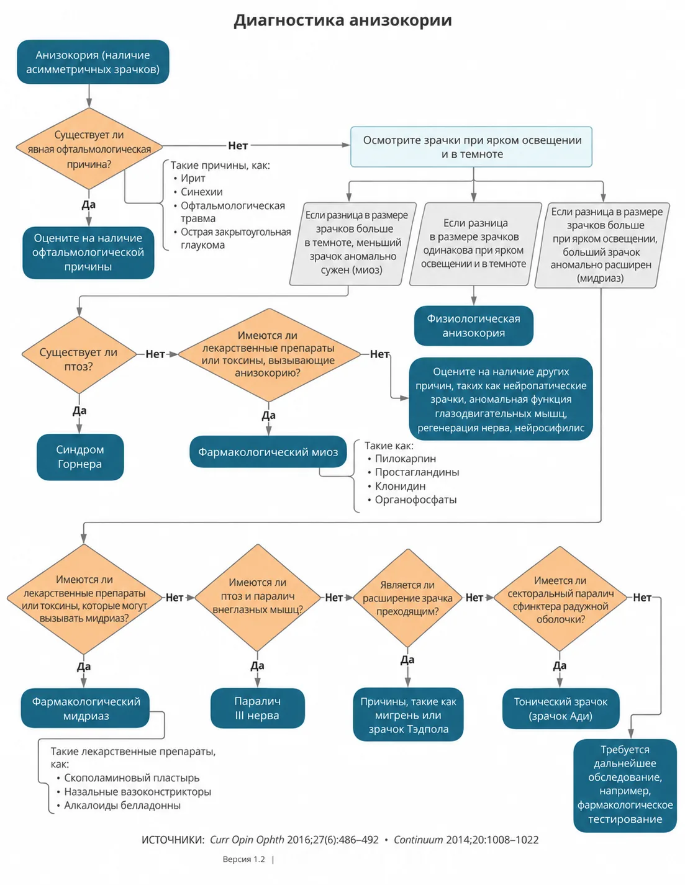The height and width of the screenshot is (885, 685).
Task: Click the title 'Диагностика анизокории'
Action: [x=342, y=20]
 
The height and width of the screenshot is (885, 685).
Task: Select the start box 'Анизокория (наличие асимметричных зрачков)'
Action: [x=93, y=62]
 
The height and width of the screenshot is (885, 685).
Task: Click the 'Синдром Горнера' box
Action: [x=80, y=457]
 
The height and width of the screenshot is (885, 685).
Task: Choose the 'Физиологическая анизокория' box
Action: [x=473, y=326]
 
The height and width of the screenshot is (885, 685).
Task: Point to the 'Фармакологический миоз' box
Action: [x=268, y=452]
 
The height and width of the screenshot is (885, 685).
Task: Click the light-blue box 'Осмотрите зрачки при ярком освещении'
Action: [x=471, y=146]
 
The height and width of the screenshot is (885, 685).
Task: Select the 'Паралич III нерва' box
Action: [x=258, y=708]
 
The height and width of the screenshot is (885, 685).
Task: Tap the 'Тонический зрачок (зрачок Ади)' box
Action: [x=561, y=708]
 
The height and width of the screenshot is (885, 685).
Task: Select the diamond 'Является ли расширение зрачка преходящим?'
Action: [x=407, y=598]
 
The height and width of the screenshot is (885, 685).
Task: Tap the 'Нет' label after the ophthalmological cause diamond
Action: [x=238, y=145]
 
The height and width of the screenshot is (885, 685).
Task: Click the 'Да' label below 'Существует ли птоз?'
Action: [x=79, y=410]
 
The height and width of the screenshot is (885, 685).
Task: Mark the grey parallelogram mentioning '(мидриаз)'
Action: [x=602, y=245]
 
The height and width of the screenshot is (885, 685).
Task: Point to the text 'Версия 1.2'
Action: [x=243, y=859]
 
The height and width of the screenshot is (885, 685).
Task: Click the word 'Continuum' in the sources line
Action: [x=418, y=840]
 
